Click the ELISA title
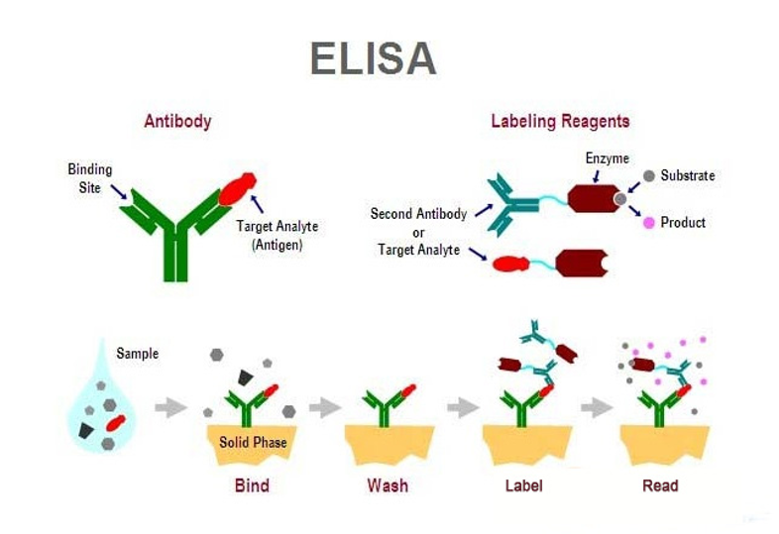[372, 58]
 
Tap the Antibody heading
[177, 122]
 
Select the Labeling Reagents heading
[560, 122]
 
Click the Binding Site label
[89, 178]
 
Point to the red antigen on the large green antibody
[237, 188]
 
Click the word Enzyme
[607, 158]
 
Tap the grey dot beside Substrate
[648, 175]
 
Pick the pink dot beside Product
[648, 223]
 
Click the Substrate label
[687, 175]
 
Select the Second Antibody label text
[418, 213]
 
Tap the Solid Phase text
[253, 442]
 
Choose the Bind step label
[252, 485]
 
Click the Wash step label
[387, 485]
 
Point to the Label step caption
[523, 485]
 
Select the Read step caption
[660, 485]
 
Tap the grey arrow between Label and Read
[597, 406]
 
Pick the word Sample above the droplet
[137, 354]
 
